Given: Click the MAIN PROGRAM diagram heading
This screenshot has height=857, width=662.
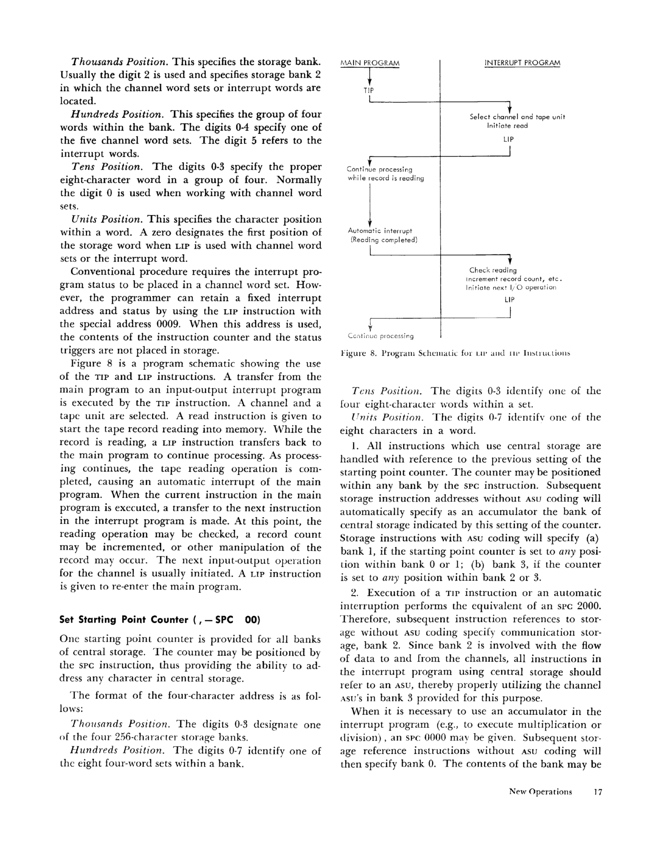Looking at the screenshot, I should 370,63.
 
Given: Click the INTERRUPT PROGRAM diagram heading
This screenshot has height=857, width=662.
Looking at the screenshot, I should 522,63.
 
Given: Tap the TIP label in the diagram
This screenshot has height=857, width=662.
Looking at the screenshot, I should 368,90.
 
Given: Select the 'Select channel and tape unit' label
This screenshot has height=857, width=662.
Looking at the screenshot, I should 517,117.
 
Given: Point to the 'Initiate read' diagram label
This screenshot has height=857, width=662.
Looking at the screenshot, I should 507,126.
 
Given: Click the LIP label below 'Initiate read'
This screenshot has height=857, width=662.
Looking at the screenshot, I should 509,139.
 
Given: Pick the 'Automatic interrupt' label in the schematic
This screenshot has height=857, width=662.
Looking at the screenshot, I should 380,231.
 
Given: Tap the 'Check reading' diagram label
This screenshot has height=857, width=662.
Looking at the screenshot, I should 493,270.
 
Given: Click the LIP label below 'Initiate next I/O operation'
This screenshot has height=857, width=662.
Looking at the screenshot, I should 509,300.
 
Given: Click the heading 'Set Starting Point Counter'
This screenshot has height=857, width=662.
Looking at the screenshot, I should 160,619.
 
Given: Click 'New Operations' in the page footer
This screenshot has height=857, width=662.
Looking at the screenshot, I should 540,791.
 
